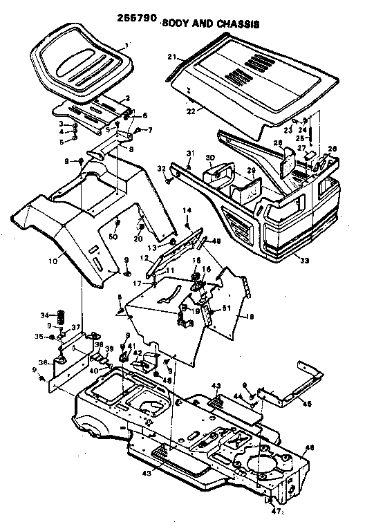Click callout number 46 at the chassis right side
tap(310, 447)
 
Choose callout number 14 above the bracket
tap(186, 209)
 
